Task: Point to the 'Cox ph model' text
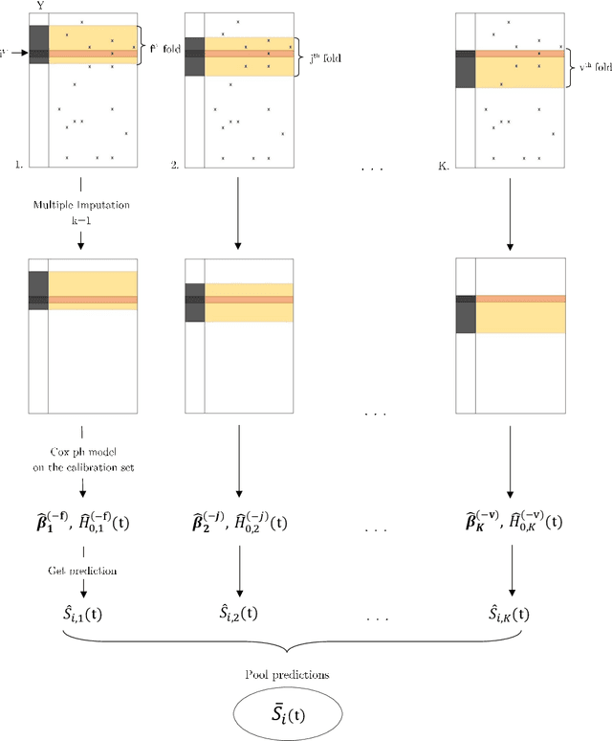click(80, 451)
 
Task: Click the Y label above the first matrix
click(39, 7)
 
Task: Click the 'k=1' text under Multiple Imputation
click(80, 219)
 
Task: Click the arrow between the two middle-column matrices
click(238, 215)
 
